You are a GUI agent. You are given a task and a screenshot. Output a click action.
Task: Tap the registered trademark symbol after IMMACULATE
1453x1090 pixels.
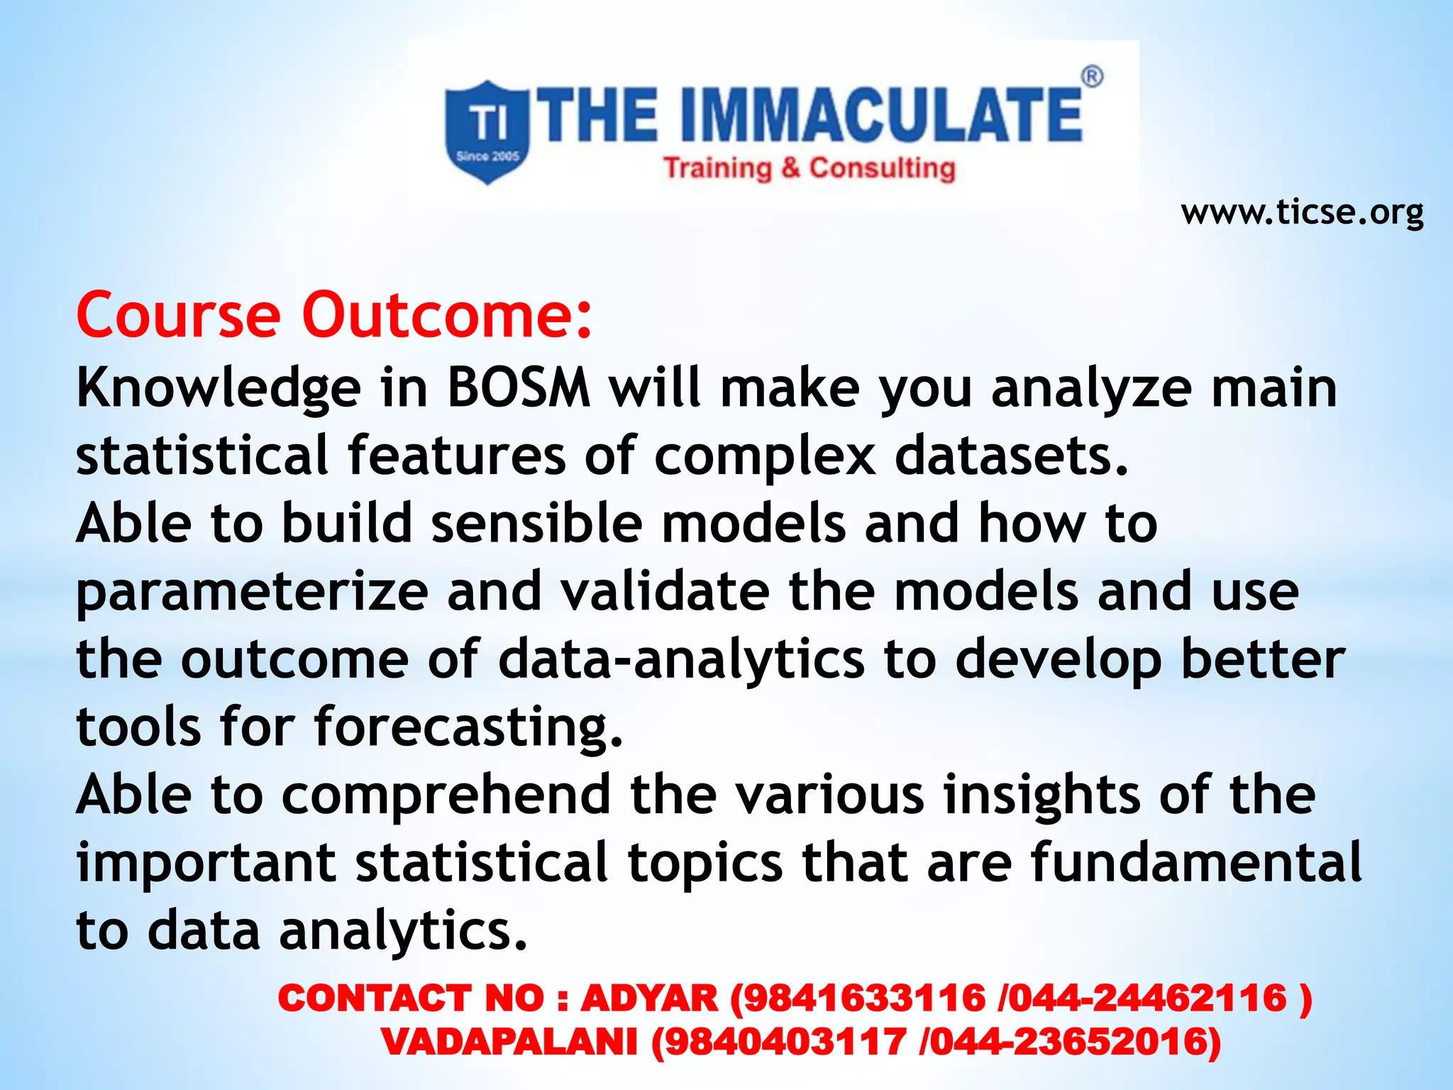[x=1092, y=77]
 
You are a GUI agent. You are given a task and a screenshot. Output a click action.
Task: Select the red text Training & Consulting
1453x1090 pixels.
[x=810, y=168]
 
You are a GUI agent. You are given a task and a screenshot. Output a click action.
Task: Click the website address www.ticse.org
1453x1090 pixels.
[x=1302, y=212]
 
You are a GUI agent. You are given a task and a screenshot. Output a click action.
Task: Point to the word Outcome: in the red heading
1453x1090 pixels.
[x=447, y=314]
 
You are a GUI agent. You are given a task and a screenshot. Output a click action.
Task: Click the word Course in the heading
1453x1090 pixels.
[x=178, y=314]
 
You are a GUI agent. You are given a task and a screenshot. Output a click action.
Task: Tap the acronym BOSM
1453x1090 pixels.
[x=519, y=388]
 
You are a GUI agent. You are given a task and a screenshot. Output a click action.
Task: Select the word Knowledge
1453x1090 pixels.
[x=219, y=390]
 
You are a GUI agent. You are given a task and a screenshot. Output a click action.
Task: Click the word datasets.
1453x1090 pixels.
[x=1011, y=456]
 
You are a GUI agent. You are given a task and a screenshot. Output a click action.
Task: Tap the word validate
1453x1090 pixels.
[x=665, y=592]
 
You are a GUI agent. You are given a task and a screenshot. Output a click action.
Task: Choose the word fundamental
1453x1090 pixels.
[x=1195, y=862]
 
